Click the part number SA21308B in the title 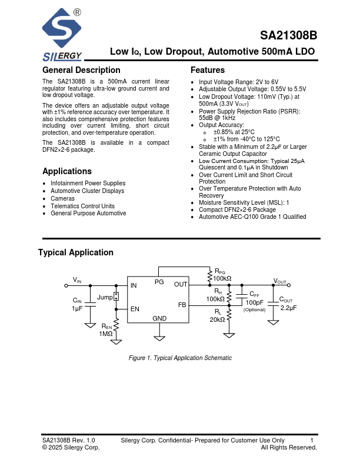coord(288,35)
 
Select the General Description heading coord(81,71)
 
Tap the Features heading coord(208,71)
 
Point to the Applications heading coord(67,171)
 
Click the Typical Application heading coord(76,252)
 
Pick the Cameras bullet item coord(62,198)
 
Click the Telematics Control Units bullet coord(82,206)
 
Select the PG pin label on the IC coord(159,282)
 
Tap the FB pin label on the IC coord(182,305)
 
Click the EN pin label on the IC coord(135,308)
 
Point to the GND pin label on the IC coord(159,318)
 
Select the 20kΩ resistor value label coord(217,319)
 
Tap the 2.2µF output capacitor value coord(288,308)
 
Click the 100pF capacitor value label coord(254,302)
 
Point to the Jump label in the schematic coord(105,297)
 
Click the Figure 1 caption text coord(180,358)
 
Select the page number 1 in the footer coord(312,440)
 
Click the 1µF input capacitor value coord(77,308)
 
